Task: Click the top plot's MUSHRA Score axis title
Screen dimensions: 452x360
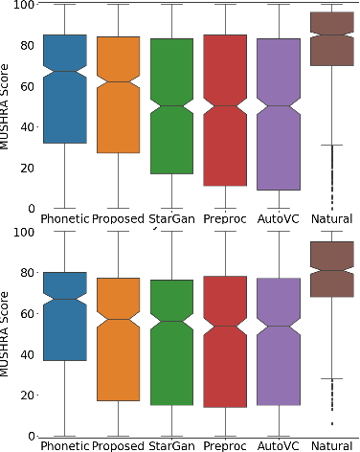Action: [x=8, y=105]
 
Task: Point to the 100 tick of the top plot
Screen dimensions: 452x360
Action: [x=21, y=6]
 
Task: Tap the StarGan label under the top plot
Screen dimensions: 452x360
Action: [x=171, y=219]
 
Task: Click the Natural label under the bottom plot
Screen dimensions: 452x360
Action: [x=332, y=445]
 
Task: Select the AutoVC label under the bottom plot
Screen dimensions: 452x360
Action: [x=279, y=445]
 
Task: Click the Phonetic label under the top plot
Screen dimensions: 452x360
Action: [x=64, y=219]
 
